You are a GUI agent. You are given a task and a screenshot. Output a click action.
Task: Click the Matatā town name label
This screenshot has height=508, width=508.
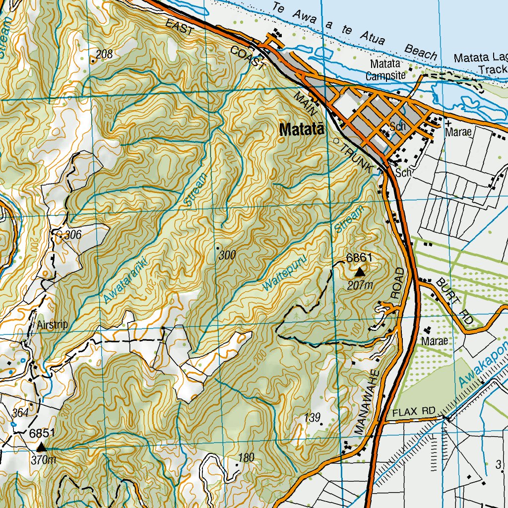pyautogui.click(x=302, y=130)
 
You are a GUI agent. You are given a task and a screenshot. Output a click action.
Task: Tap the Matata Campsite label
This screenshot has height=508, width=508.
pyautogui.click(x=385, y=70)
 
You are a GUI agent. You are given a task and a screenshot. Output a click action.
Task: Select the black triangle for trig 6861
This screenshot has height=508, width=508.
pyautogui.click(x=360, y=271)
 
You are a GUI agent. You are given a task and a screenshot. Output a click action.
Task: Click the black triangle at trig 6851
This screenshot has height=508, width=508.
pyautogui.click(x=41, y=447)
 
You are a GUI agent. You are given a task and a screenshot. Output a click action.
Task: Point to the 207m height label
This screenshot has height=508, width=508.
pyautogui.click(x=360, y=285)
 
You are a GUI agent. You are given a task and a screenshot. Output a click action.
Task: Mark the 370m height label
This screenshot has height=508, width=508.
pyautogui.click(x=43, y=460)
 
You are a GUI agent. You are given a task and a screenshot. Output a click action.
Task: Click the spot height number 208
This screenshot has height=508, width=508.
pyautogui.click(x=104, y=55)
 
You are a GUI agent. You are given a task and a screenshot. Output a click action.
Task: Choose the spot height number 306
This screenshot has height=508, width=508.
pyautogui.click(x=72, y=234)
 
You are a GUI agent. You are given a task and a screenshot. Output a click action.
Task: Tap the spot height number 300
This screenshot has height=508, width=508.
pyautogui.click(x=227, y=255)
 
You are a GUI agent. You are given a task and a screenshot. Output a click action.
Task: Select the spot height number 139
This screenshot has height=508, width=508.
pyautogui.click(x=312, y=418)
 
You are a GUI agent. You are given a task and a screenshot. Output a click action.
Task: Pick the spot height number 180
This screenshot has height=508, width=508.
pyautogui.click(x=246, y=457)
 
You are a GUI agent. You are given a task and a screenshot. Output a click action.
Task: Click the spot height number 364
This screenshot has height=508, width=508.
pyautogui.click(x=20, y=413)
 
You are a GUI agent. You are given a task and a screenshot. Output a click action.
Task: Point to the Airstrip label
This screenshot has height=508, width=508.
pyautogui.click(x=52, y=325)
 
